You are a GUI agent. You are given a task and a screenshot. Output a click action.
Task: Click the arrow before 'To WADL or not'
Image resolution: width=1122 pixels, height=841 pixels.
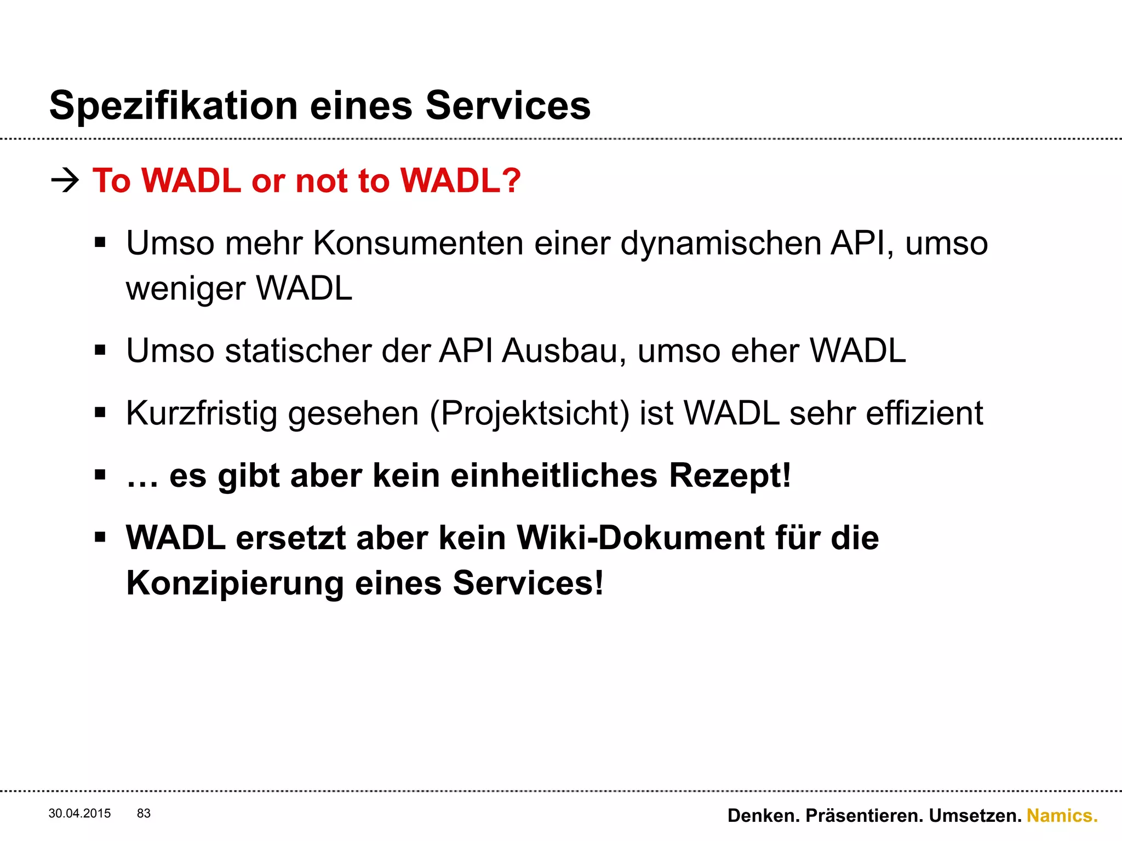(x=65, y=180)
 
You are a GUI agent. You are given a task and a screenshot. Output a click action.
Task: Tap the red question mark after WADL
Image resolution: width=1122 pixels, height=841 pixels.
(x=510, y=180)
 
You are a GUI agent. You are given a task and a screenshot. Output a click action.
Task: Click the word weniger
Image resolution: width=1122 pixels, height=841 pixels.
(x=185, y=289)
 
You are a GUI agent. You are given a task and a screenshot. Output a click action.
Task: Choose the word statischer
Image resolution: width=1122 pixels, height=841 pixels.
(x=298, y=350)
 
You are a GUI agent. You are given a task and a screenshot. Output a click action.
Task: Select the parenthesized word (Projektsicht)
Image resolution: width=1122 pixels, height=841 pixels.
(x=530, y=414)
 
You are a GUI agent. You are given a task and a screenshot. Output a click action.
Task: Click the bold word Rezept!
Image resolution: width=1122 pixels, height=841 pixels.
(x=730, y=475)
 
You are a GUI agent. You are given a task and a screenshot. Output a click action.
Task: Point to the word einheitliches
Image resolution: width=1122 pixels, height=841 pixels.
(x=554, y=475)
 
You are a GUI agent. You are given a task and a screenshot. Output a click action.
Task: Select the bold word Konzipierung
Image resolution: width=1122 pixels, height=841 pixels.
(x=235, y=584)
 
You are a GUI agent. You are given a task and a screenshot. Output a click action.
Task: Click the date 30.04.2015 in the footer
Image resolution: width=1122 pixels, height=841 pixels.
(x=79, y=814)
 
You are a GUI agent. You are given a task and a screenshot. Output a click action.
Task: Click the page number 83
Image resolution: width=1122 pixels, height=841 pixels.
(x=144, y=814)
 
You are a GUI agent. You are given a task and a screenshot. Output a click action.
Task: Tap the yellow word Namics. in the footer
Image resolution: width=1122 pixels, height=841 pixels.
(x=1062, y=816)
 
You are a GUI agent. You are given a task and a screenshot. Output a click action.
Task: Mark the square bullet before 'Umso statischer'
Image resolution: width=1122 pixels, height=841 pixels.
(x=100, y=350)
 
